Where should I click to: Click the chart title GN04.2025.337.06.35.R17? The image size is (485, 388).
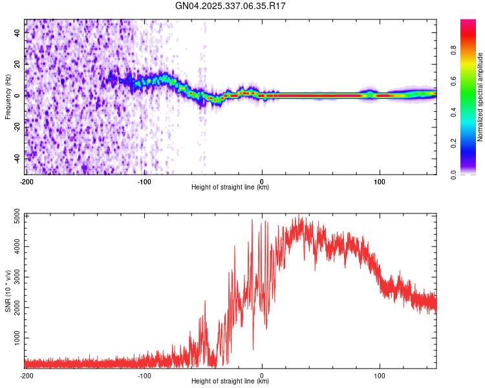pos(231,6)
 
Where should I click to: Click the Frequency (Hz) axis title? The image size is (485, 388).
pos(8,97)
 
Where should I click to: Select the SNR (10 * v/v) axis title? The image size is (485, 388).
pos(8,291)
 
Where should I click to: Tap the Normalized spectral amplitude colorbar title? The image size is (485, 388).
pos(480,97)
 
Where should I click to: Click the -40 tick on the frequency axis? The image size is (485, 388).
pos(16,158)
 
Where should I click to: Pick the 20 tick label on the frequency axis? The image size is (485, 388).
pos(17,64)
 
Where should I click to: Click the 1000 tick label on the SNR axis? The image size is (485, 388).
pos(14,338)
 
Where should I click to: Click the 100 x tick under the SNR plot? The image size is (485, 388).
pos(380,375)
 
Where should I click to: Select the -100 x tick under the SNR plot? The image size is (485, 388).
pos(144,375)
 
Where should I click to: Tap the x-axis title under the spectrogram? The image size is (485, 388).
pos(230,188)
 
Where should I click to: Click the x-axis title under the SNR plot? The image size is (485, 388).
pos(230,382)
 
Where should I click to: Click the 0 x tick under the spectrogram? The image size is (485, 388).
pos(262,180)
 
